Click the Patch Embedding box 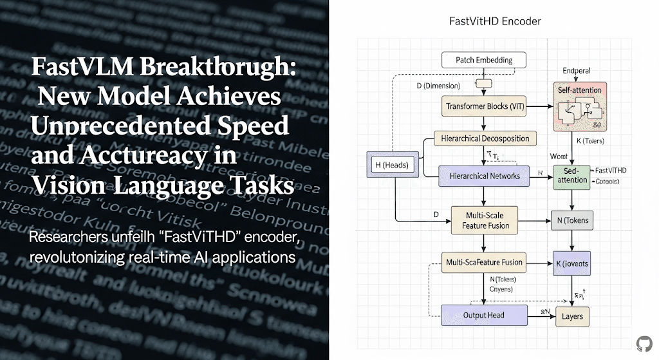click(484, 61)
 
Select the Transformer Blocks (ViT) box click(485, 105)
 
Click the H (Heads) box click(392, 165)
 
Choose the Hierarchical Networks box click(484, 176)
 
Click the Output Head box click(484, 315)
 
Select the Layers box click(571, 316)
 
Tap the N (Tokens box click(571, 220)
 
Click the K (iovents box click(571, 263)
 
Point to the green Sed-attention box click(571, 176)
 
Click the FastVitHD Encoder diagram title click(494, 21)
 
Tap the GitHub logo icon click(644, 343)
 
